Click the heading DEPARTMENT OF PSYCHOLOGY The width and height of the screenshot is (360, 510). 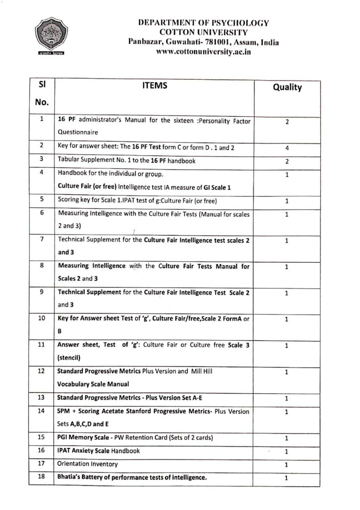pyautogui.click(x=203, y=23)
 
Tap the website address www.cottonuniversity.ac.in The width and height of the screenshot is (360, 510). pyautogui.click(x=203, y=52)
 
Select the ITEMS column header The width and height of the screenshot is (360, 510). pyautogui.click(x=155, y=85)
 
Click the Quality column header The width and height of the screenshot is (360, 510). pyautogui.click(x=287, y=87)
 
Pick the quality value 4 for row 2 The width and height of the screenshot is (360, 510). pyautogui.click(x=287, y=148)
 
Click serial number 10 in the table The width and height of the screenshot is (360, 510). pyautogui.click(x=41, y=318)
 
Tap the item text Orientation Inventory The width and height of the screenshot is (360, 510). pyautogui.click(x=88, y=464)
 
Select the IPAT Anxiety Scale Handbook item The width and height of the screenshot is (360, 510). pyautogui.click(x=99, y=451)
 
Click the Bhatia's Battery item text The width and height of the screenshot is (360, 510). pyautogui.click(x=132, y=477)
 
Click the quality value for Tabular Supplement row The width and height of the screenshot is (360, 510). pyautogui.click(x=287, y=161)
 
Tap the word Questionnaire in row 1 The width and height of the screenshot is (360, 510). pyautogui.click(x=78, y=132)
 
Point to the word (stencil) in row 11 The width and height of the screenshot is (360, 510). pyautogui.click(x=70, y=357)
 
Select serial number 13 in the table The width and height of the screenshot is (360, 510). pyautogui.click(x=41, y=398)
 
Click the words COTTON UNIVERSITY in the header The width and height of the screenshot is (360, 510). pyautogui.click(x=203, y=32)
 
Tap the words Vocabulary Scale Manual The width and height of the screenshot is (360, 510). pyautogui.click(x=93, y=384)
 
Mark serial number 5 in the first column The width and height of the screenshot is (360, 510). pyautogui.click(x=41, y=200)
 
